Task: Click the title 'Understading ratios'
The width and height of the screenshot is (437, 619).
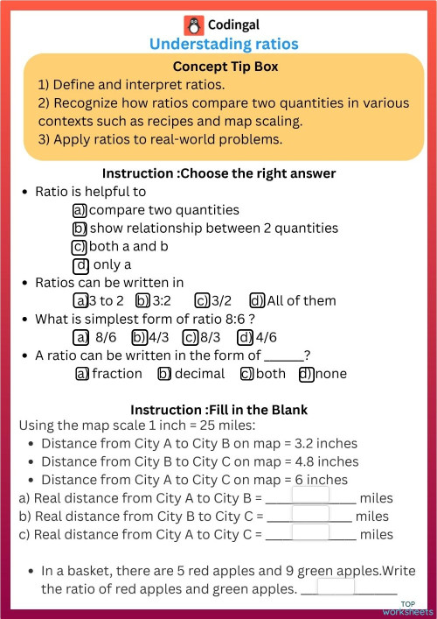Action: [x=224, y=43]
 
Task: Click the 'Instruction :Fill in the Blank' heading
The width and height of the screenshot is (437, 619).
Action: [x=218, y=410]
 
